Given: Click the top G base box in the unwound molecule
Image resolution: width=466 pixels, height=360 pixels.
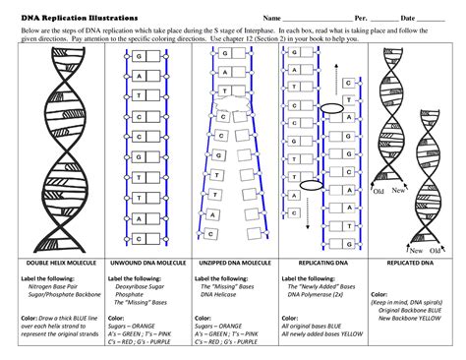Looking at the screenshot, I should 142,56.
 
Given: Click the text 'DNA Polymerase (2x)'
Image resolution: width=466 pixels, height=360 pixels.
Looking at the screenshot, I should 318,294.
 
